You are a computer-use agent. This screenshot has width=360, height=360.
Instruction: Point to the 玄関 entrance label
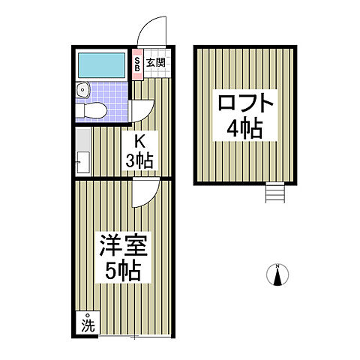tap(156, 64)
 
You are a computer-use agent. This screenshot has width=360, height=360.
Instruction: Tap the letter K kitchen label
tap(139, 141)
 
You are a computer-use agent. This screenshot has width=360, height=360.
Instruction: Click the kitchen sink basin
tap(82, 160)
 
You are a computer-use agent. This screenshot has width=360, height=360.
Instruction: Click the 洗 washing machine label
tap(88, 326)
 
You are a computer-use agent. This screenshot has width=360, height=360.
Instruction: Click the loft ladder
tap(275, 193)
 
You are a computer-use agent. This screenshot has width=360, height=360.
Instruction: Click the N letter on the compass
tap(277, 266)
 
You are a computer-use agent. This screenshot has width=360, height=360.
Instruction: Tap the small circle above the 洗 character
tap(88, 315)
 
